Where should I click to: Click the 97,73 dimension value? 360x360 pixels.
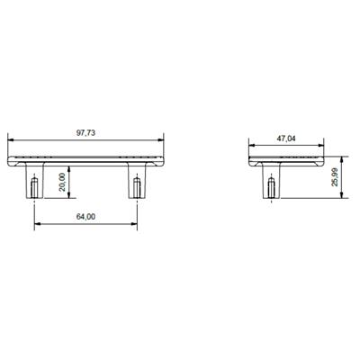click(87, 132)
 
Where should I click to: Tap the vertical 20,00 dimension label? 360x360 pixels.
click(58, 183)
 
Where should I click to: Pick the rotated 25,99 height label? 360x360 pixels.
click(334, 178)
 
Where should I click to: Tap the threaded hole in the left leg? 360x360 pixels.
click(34, 187)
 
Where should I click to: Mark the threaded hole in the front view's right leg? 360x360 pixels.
click(138, 187)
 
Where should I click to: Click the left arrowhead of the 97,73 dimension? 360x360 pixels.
click(10, 139)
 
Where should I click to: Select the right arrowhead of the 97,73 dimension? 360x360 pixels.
click(163, 139)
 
